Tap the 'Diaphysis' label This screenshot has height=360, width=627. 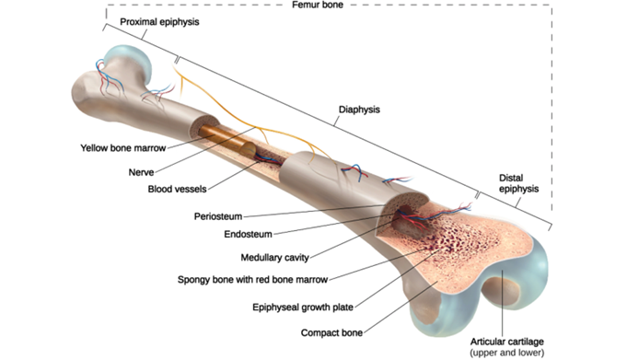tap(359, 109)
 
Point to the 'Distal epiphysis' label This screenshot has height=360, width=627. tap(518, 183)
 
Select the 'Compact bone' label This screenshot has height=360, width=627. tap(331, 331)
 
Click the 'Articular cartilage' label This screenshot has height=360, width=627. tap(506, 341)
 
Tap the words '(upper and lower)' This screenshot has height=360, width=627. tap(506, 353)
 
